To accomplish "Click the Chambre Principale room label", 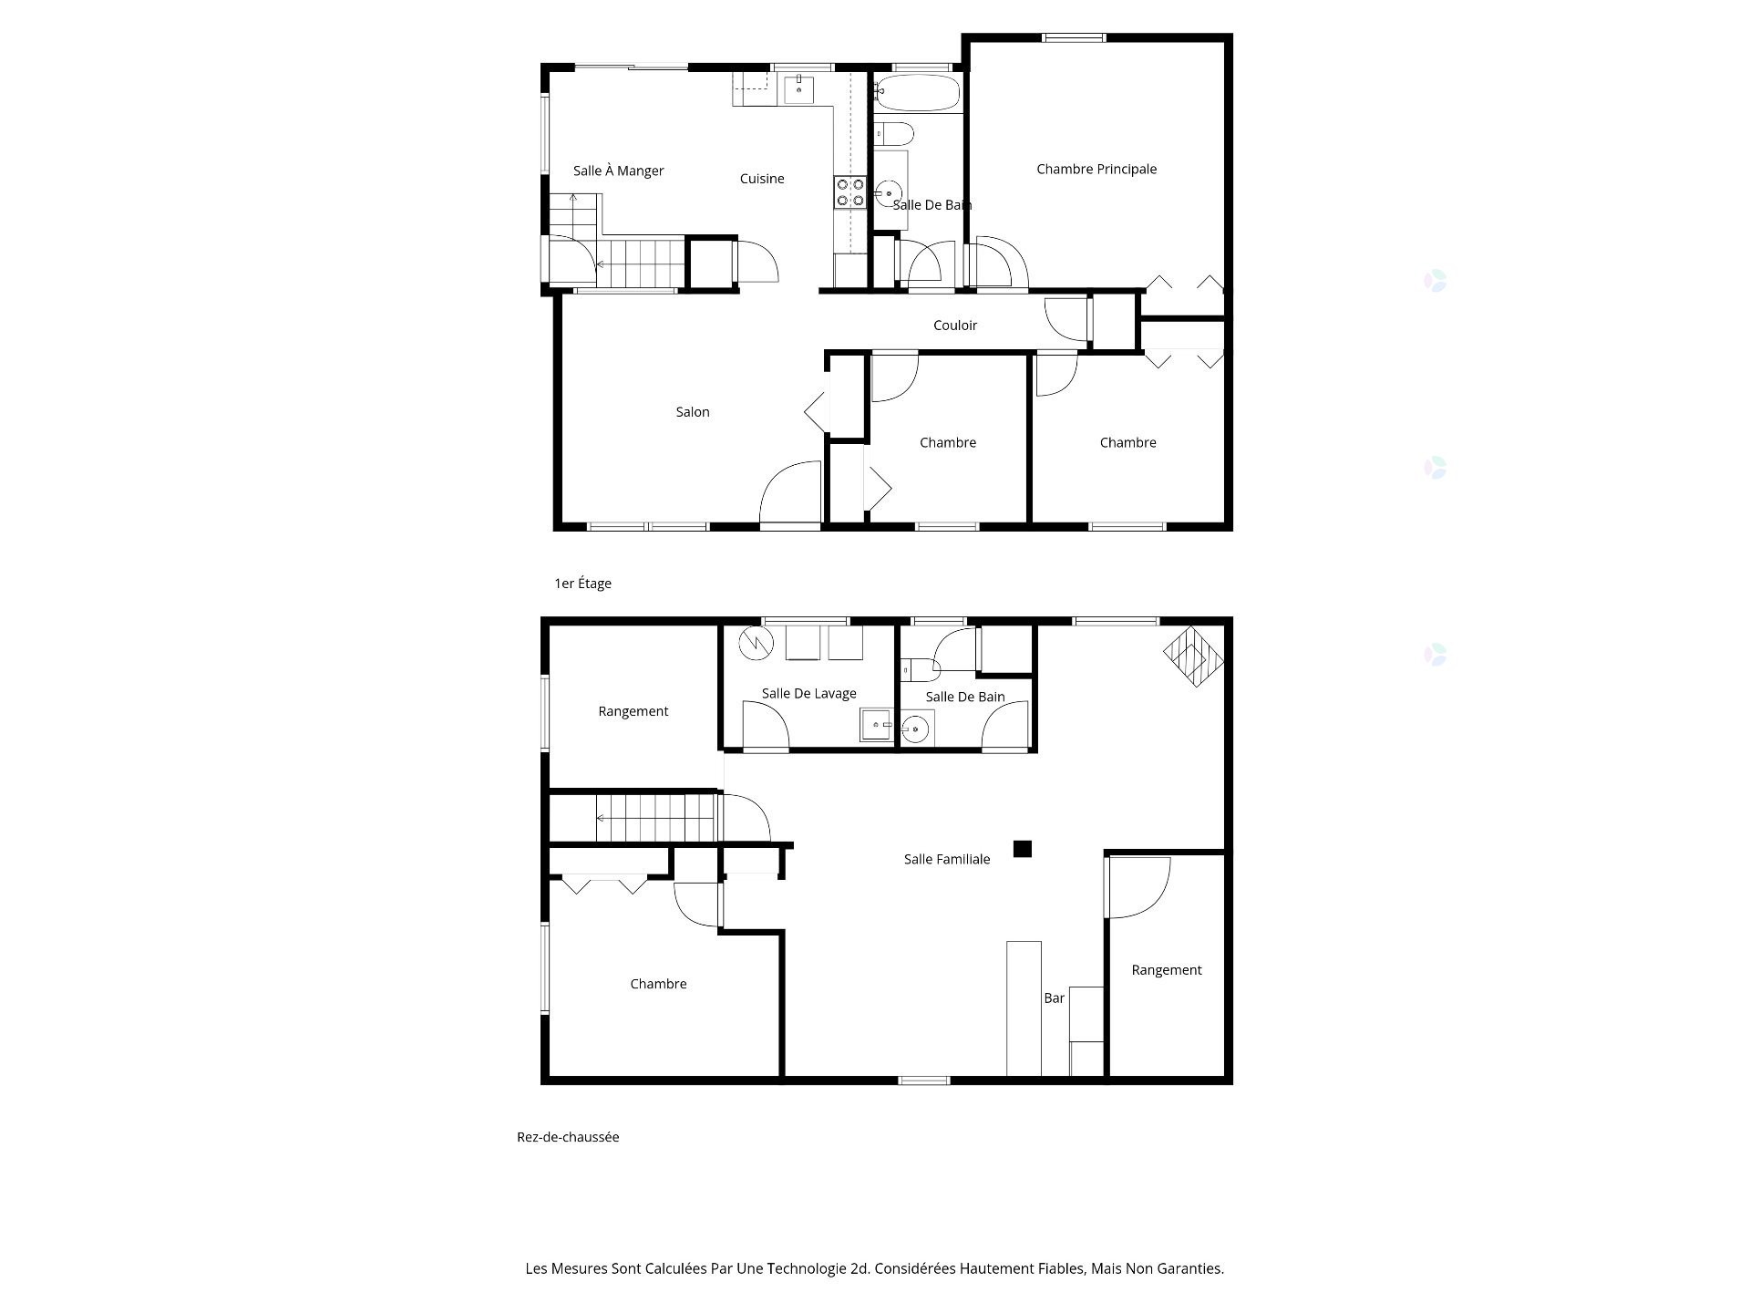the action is click(1096, 169).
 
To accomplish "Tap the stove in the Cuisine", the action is click(850, 191).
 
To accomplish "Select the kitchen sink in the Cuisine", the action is click(798, 89).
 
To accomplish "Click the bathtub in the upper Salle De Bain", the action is click(917, 93).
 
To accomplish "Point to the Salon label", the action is click(693, 412).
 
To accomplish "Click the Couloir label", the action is click(955, 326).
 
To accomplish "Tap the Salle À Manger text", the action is click(619, 171).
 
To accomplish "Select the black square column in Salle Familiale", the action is click(1023, 849).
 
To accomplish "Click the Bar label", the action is click(1055, 998).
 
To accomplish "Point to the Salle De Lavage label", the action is click(809, 694).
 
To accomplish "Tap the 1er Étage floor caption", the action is click(583, 584).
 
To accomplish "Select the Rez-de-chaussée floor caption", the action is click(568, 1137).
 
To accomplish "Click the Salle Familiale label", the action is click(947, 859).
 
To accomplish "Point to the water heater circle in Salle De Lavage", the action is click(757, 644).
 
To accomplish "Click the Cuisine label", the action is click(762, 179).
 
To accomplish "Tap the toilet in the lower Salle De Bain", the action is click(920, 670).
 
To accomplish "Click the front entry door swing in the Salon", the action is click(790, 492).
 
